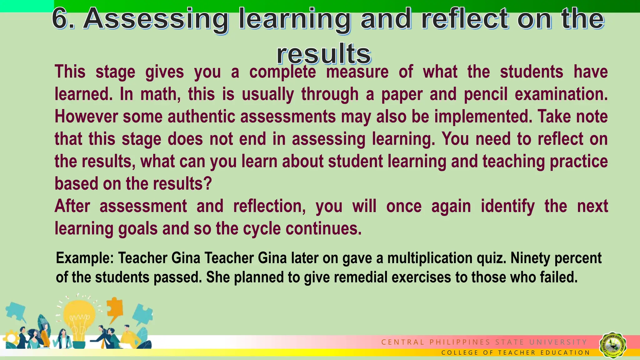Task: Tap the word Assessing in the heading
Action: [156, 19]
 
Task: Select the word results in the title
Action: [324, 54]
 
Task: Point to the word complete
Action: [282, 72]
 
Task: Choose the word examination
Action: [561, 94]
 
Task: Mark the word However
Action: [86, 117]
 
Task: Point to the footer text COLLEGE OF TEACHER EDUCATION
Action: [516, 353]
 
